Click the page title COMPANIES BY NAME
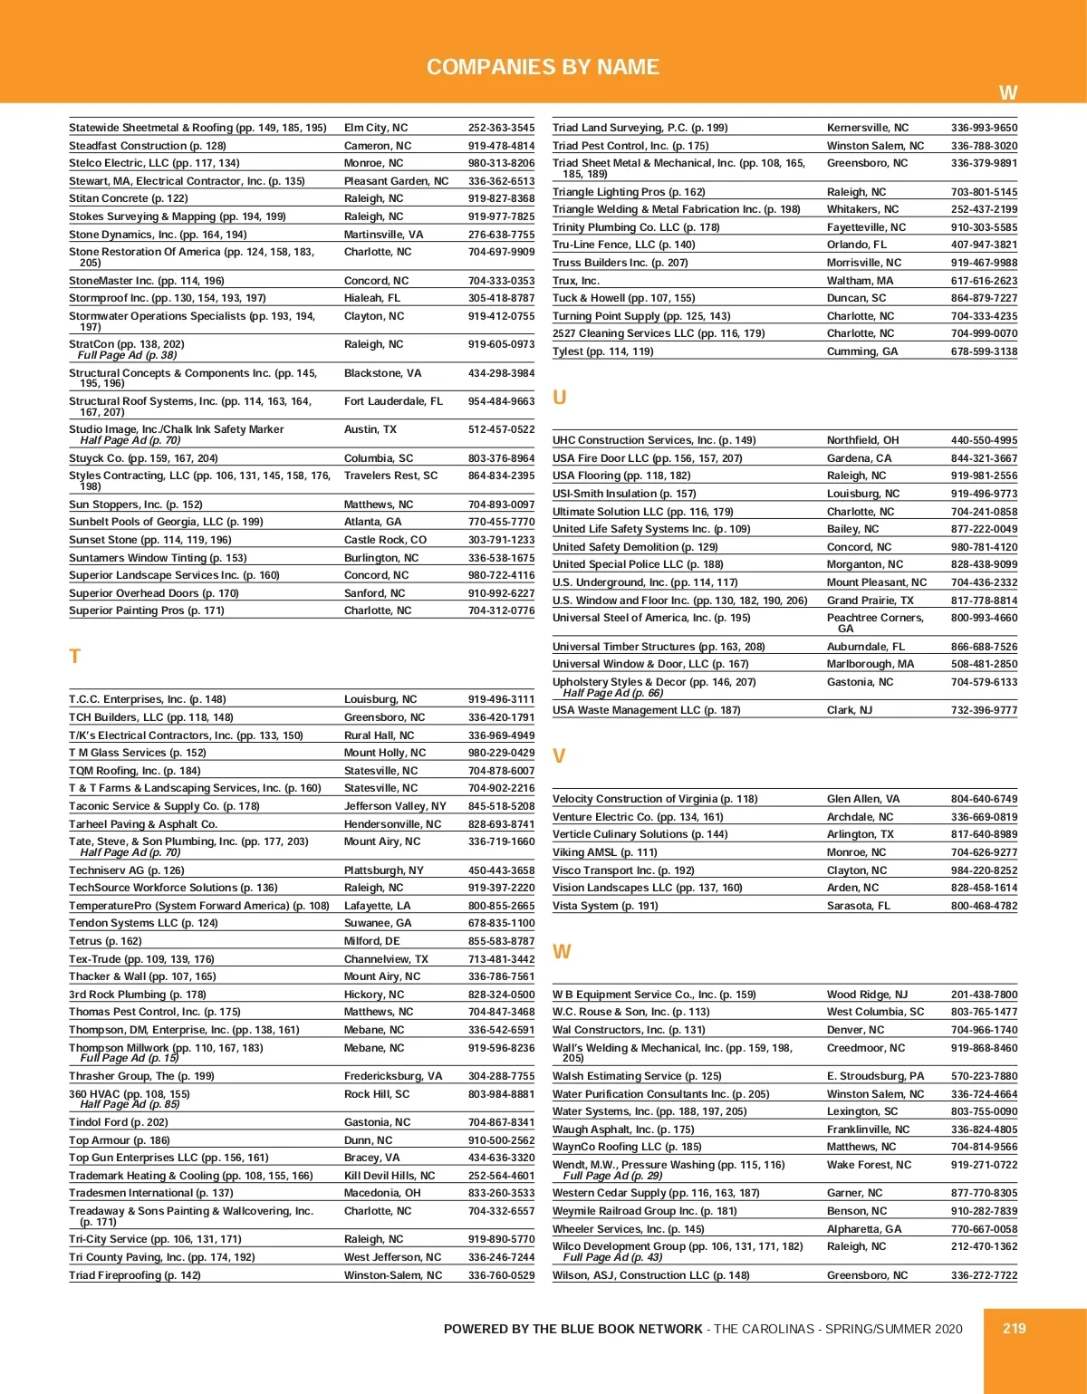(x=543, y=67)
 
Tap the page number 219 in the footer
(x=1014, y=1328)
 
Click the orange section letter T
(x=75, y=657)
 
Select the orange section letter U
(x=559, y=398)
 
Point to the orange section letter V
(x=559, y=756)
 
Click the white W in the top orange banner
(x=1007, y=92)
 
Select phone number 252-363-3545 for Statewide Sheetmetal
(x=501, y=128)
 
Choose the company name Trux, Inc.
(x=576, y=281)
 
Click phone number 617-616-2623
(x=984, y=281)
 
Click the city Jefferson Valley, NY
(x=395, y=806)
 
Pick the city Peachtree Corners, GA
(x=874, y=622)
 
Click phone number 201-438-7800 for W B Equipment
(x=984, y=995)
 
